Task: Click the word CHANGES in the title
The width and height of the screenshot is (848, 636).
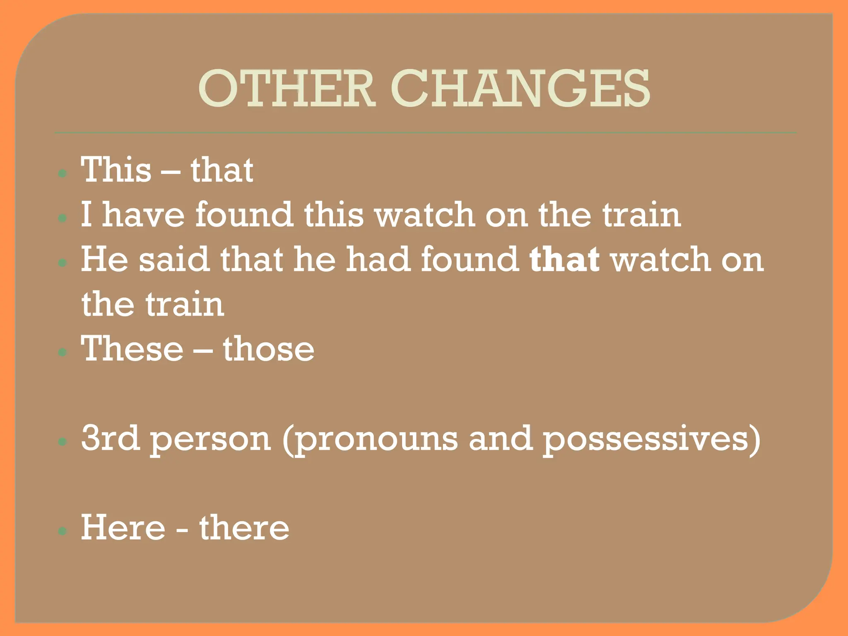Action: [520, 88]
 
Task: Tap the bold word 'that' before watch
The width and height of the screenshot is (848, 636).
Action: [564, 260]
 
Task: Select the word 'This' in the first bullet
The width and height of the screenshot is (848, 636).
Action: [116, 170]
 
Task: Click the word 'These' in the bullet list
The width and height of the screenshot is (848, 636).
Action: [132, 349]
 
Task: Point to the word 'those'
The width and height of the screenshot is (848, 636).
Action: [269, 349]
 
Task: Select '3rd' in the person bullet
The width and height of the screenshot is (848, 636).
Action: [110, 438]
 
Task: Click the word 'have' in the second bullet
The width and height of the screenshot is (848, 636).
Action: [143, 214]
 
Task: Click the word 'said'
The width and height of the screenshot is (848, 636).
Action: [173, 260]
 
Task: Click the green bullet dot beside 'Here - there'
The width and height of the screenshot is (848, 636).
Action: [63, 531]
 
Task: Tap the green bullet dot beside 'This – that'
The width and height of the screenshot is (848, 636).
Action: [63, 173]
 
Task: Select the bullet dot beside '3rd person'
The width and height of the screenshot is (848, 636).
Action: [63, 442]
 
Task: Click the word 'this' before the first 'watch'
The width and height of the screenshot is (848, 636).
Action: [334, 214]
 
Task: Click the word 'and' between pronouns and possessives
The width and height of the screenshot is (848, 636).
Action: [500, 438]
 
